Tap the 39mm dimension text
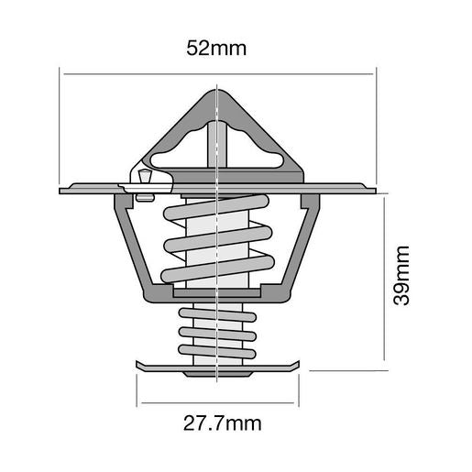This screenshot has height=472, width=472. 404,279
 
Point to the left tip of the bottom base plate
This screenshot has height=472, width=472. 138,368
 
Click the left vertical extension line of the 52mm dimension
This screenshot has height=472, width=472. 60,128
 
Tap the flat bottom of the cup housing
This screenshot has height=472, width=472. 216,294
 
